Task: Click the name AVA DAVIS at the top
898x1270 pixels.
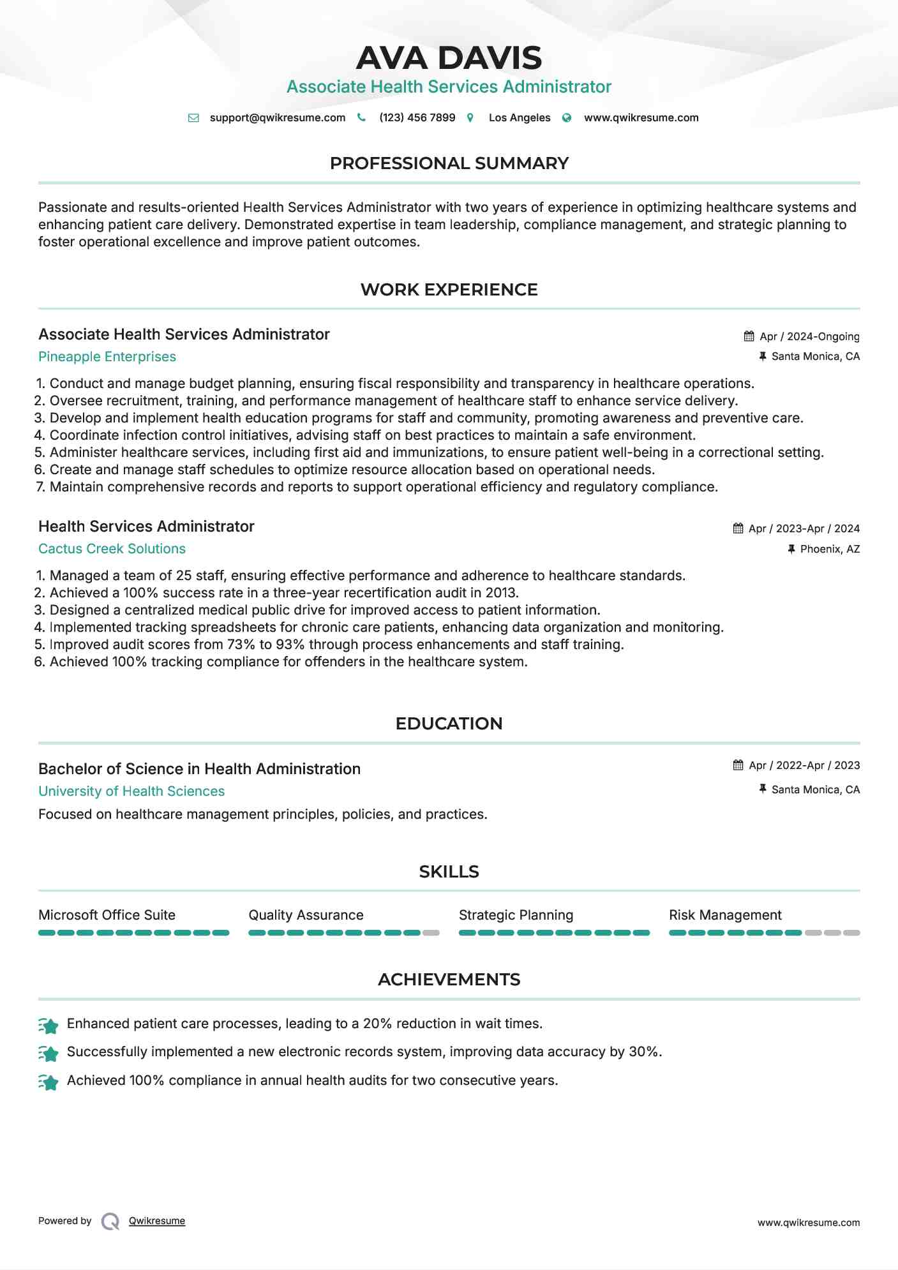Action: [449, 58]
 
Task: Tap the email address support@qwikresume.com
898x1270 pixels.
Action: [277, 118]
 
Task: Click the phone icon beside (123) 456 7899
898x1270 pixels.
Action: [361, 117]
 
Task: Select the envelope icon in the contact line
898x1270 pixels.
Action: [193, 118]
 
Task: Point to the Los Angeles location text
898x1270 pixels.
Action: [519, 118]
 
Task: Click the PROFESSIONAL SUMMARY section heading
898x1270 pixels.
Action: [449, 163]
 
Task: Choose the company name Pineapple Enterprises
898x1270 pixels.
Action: [107, 357]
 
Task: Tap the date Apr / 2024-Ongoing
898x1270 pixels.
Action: [809, 336]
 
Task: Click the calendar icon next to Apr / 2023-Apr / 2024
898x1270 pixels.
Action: [738, 528]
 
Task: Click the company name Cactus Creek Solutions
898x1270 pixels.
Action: [112, 549]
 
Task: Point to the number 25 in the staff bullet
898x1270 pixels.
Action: [183, 576]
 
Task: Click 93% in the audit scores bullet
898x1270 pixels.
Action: [290, 645]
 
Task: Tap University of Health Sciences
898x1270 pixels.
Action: [131, 791]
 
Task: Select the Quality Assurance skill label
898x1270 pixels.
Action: [306, 915]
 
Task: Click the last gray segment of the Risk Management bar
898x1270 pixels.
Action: [851, 933]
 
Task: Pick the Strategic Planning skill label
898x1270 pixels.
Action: [516, 915]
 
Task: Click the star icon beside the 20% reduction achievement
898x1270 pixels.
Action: [49, 1025]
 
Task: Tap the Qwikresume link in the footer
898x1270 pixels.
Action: [157, 1221]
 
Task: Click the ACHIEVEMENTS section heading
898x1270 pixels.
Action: [449, 980]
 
